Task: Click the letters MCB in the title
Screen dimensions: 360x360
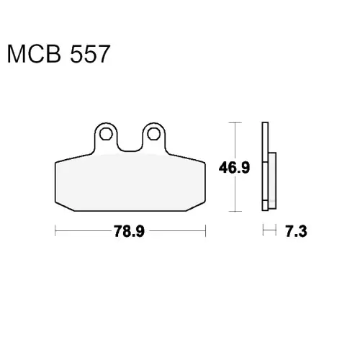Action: coord(34,54)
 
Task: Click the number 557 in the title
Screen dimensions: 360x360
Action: coord(90,54)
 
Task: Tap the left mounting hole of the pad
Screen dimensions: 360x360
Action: coord(106,134)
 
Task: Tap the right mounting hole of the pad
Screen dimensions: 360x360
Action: coord(153,134)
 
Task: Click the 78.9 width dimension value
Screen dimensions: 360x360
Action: coord(129,231)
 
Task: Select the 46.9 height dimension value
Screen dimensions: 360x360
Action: coord(234,167)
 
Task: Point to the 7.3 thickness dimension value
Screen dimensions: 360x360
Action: coord(296,231)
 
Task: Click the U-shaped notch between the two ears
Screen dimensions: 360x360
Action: coord(130,146)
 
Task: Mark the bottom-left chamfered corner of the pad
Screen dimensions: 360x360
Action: coord(64,207)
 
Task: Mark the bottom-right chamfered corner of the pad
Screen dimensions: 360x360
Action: coord(196,207)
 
